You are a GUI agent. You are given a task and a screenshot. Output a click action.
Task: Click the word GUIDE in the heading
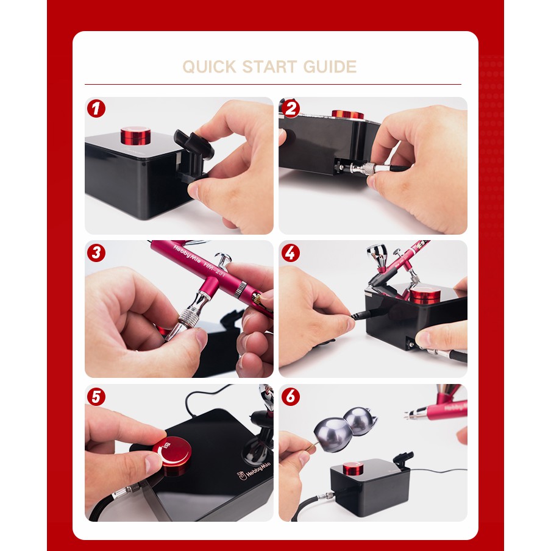[330, 67]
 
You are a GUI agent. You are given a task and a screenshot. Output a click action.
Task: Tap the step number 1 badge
[96, 108]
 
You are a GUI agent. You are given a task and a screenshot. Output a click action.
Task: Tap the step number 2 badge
[291, 108]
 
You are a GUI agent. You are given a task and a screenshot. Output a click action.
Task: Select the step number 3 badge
[96, 253]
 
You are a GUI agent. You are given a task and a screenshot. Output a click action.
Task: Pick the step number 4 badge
[291, 253]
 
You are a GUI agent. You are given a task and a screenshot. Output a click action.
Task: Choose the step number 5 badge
[96, 397]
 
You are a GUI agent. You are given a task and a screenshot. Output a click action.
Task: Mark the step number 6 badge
[291, 397]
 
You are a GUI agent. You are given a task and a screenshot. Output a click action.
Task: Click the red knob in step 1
[136, 135]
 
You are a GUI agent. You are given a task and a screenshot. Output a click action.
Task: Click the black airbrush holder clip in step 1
[193, 155]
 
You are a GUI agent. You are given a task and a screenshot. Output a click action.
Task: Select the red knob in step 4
[425, 297]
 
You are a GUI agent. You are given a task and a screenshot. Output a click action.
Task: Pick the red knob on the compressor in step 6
[354, 469]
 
